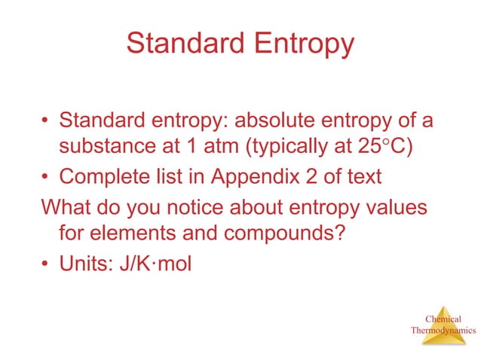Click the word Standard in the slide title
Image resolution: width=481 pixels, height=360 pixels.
tap(180, 44)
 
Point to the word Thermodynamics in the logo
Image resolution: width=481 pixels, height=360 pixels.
tap(443, 330)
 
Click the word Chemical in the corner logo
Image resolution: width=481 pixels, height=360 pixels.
tap(443, 319)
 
